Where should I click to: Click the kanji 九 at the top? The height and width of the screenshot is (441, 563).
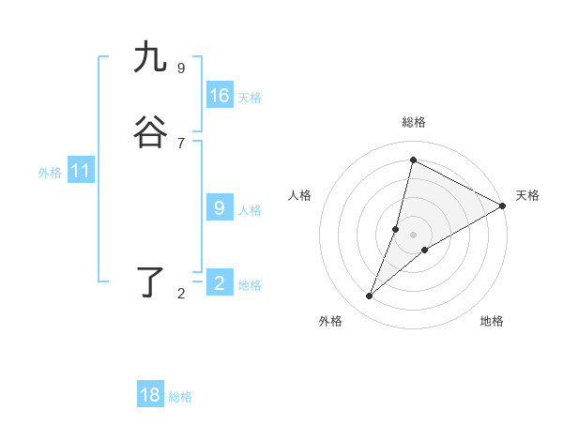[150, 58]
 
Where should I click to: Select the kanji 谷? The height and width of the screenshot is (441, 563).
[150, 133]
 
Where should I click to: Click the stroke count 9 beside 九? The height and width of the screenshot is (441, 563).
[181, 68]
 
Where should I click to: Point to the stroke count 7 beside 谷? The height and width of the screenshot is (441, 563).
[181, 143]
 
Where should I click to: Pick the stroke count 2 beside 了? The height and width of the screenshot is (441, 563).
[181, 294]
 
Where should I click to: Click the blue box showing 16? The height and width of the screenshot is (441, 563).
[220, 96]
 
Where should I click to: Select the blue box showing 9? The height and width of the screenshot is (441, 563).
[220, 208]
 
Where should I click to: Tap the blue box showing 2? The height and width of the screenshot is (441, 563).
[220, 283]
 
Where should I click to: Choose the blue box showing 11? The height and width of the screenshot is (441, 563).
[81, 172]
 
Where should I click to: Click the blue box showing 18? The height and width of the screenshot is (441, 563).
[150, 395]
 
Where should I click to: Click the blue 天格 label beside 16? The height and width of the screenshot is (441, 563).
[250, 98]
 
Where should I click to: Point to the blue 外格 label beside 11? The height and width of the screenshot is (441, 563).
[50, 173]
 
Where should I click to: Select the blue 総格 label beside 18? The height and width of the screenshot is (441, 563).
[180, 397]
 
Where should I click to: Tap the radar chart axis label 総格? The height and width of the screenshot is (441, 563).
[414, 122]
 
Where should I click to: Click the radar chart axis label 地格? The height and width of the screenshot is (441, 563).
[492, 321]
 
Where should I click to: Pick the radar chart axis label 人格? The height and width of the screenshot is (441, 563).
[300, 195]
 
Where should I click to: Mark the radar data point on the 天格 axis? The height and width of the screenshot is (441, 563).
[503, 206]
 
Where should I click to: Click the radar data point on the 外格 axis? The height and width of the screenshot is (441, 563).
[370, 297]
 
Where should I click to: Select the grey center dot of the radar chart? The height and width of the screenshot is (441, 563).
[414, 235]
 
